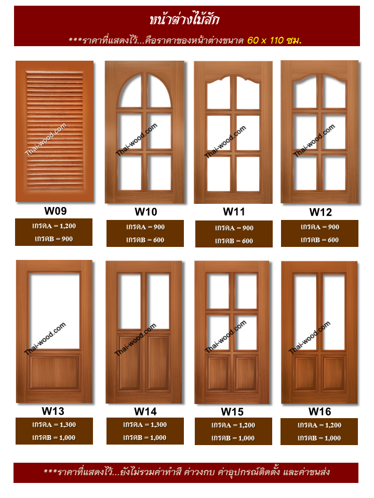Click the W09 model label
click(x=56, y=211)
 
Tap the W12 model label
click(x=320, y=212)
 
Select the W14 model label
click(x=145, y=411)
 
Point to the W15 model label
click(x=232, y=411)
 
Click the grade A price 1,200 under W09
click(x=68, y=226)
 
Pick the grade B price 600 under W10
click(x=159, y=240)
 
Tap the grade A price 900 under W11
click(x=248, y=228)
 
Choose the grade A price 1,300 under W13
click(x=68, y=425)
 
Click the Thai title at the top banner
click(x=184, y=19)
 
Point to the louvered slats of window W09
click(x=55, y=131)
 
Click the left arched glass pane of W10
click(x=130, y=91)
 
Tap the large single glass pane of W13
click(x=54, y=311)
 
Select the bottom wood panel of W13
click(x=54, y=372)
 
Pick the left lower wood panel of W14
click(x=130, y=363)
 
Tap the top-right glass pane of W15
click(x=245, y=291)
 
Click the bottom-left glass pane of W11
click(x=219, y=174)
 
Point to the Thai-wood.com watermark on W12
click(x=314, y=141)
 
